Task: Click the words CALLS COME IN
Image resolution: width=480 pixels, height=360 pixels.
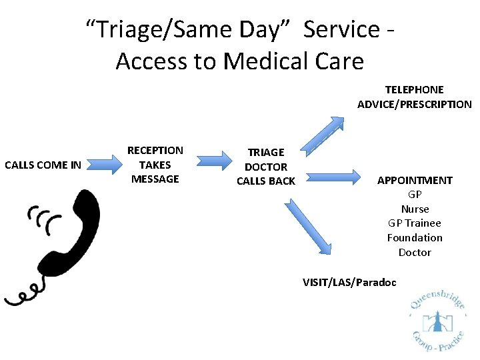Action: click(43, 165)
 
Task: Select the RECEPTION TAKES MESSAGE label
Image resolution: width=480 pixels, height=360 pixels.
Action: click(155, 165)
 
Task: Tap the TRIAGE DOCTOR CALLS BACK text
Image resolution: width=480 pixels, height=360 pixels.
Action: click(266, 167)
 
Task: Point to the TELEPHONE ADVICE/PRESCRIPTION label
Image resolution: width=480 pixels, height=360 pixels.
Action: click(414, 97)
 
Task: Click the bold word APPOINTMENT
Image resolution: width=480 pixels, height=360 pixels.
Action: click(415, 180)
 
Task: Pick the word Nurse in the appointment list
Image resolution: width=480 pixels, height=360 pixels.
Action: click(415, 209)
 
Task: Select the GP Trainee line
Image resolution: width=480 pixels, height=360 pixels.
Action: click(415, 223)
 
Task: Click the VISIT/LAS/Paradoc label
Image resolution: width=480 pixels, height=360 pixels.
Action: click(349, 282)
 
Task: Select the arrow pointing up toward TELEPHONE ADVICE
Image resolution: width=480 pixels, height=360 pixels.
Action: click(323, 134)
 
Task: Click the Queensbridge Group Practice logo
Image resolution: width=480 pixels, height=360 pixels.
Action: click(439, 320)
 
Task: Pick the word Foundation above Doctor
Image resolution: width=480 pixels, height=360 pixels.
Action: click(415, 238)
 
